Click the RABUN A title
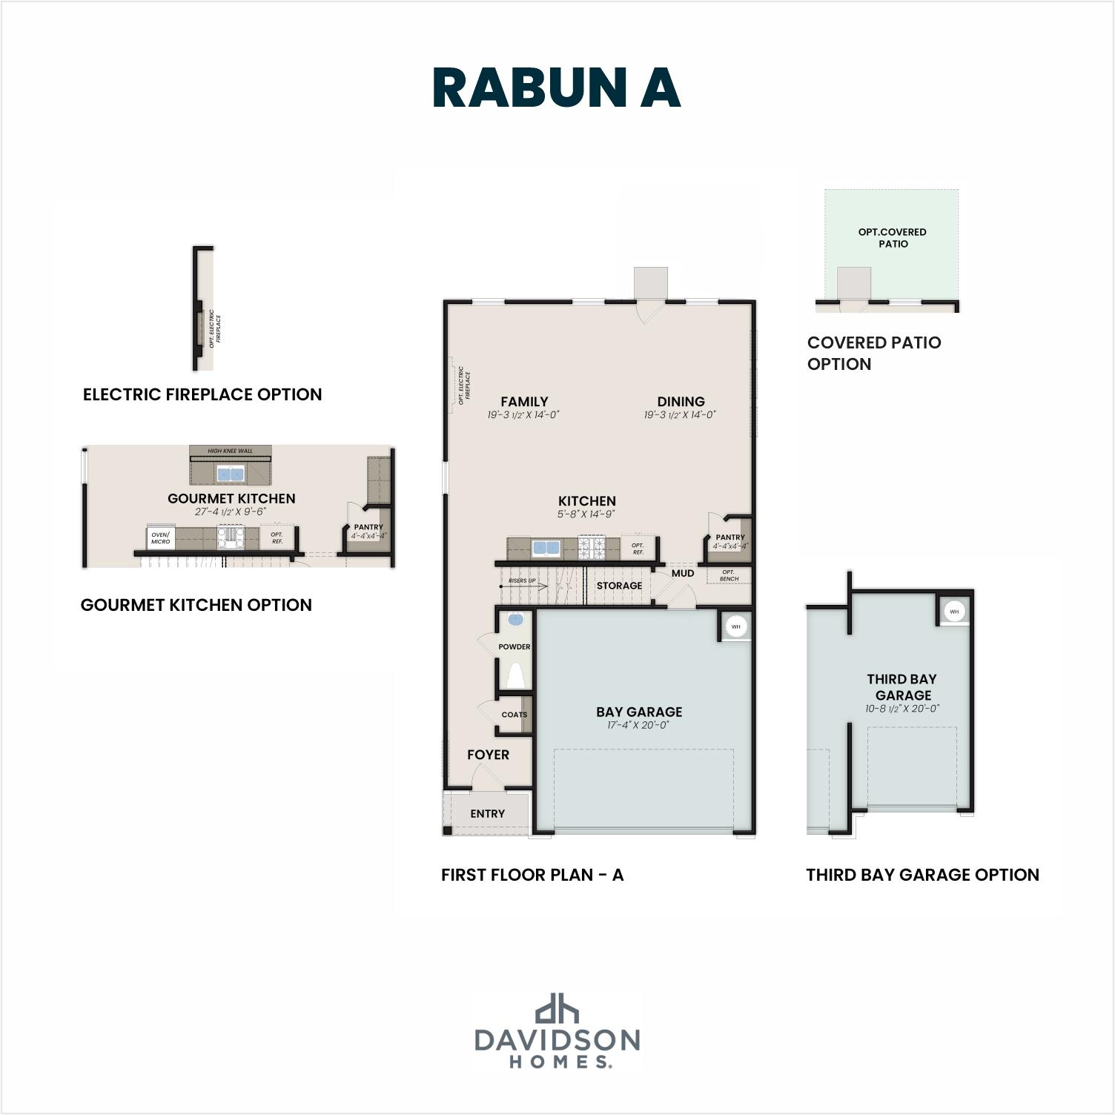556,88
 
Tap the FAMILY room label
524,402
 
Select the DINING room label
681,402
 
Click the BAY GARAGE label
639,712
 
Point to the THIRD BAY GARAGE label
902,687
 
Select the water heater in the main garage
735,626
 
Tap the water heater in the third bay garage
954,612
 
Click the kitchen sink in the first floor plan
546,549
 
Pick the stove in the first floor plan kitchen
592,549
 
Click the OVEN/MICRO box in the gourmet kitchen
161,537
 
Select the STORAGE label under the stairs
619,586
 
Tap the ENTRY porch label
487,813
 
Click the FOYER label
488,755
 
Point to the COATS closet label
514,715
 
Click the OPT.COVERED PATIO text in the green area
893,237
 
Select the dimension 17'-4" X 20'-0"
638,726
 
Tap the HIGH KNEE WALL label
230,451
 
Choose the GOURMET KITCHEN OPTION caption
196,605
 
